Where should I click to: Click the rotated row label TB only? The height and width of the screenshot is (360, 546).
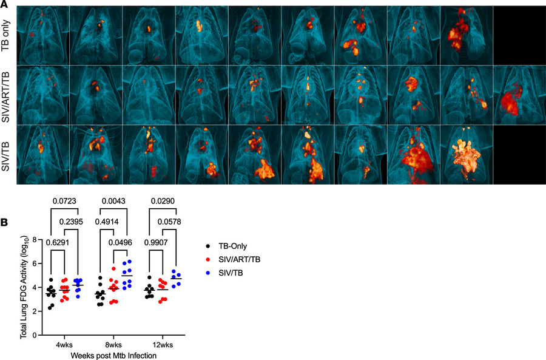coord(7,35)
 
